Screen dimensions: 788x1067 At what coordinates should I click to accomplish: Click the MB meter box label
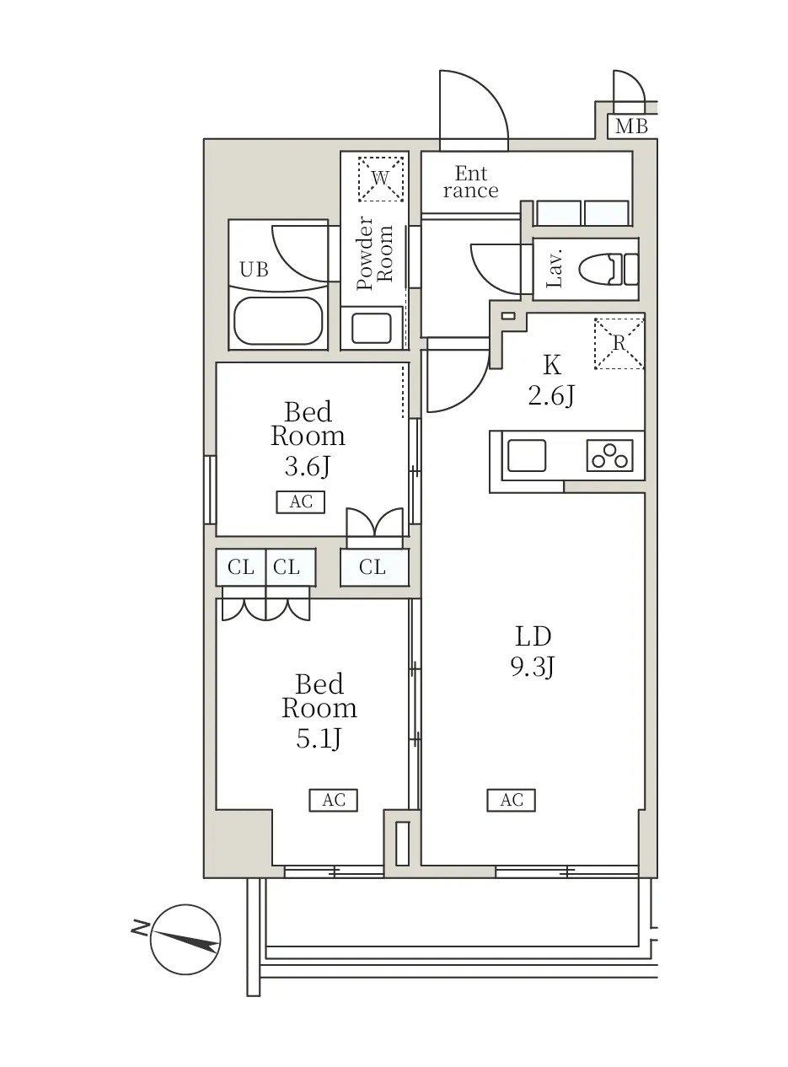click(630, 126)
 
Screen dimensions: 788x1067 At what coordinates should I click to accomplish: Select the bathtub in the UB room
click(278, 321)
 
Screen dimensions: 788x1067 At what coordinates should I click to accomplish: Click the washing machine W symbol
click(380, 179)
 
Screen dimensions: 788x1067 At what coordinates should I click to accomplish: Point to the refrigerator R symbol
click(619, 344)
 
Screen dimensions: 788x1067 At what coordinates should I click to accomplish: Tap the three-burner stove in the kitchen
click(609, 455)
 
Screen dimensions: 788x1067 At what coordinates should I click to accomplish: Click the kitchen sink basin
click(527, 455)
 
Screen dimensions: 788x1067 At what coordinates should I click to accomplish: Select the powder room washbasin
click(372, 328)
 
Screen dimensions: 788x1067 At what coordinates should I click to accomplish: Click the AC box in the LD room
click(511, 800)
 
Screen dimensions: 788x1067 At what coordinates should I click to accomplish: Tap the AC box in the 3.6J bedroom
click(301, 501)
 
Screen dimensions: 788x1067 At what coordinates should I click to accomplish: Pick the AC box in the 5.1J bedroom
click(334, 800)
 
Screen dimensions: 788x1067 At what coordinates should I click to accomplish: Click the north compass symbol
click(185, 940)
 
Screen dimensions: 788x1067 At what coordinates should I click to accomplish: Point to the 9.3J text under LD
click(533, 668)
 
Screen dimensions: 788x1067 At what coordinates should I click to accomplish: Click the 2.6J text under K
click(551, 396)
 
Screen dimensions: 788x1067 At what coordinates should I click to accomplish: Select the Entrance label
click(470, 182)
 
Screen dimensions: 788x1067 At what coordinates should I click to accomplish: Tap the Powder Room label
click(375, 254)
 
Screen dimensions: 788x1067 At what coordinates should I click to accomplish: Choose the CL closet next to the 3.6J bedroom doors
click(374, 567)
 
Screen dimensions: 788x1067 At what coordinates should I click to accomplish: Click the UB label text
click(254, 270)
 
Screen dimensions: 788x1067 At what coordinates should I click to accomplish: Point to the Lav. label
click(555, 270)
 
